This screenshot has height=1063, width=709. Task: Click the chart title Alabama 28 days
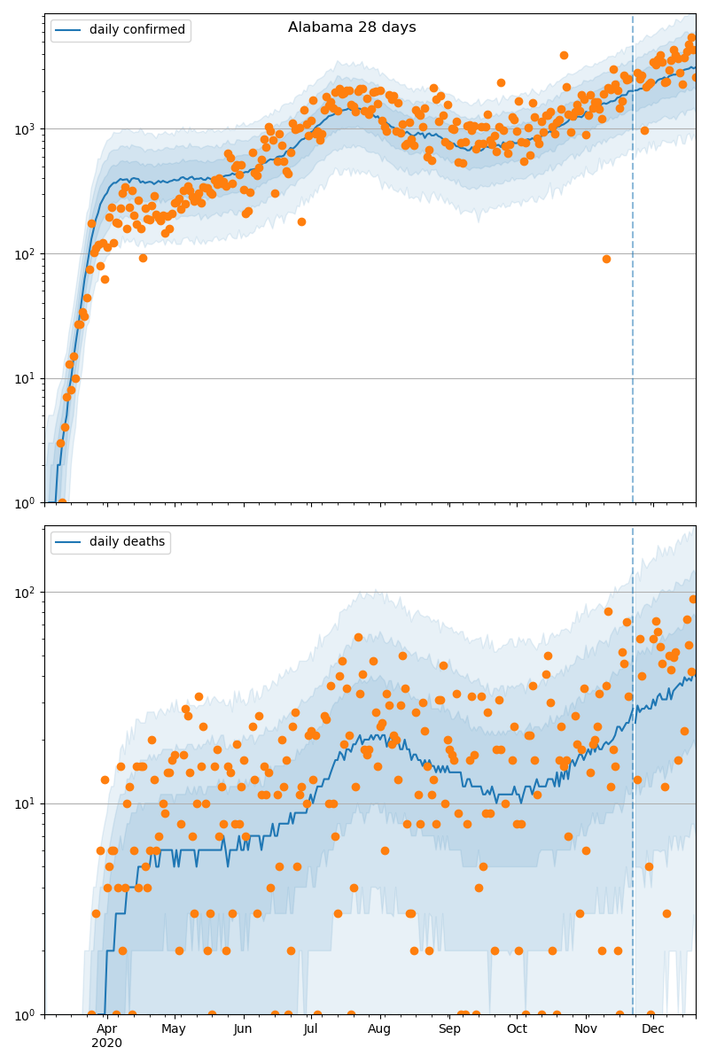(x=352, y=27)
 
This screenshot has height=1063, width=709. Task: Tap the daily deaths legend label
(x=127, y=542)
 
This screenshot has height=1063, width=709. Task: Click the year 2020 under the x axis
(x=106, y=1043)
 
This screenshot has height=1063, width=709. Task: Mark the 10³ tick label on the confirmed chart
(x=24, y=128)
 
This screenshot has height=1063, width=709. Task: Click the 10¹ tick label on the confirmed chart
(x=24, y=378)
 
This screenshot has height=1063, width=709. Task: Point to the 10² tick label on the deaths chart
(x=24, y=592)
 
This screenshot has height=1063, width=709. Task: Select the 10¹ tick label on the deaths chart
(x=24, y=803)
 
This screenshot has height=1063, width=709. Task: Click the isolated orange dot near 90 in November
(x=606, y=259)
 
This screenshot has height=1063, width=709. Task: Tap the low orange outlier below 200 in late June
(x=301, y=221)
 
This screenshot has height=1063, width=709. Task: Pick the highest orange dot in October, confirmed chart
(x=564, y=55)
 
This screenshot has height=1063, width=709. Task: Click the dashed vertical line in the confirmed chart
(x=633, y=266)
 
